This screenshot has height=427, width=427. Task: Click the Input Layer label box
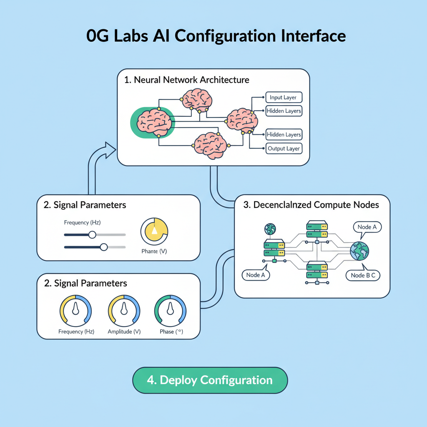pyautogui.click(x=284, y=98)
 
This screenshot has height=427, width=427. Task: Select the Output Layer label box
pyautogui.click(x=284, y=148)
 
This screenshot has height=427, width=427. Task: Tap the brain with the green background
pyautogui.click(x=153, y=121)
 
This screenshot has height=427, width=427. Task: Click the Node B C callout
pyautogui.click(x=362, y=275)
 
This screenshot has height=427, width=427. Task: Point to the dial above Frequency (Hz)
pyautogui.click(x=76, y=310)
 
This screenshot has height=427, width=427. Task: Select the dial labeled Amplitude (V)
pyautogui.click(x=124, y=310)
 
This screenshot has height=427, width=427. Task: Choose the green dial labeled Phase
pyautogui.click(x=170, y=310)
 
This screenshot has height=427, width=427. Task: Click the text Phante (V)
pyautogui.click(x=154, y=251)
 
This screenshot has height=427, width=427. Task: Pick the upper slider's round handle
pyautogui.click(x=92, y=235)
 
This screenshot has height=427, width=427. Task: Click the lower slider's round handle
pyautogui.click(x=104, y=247)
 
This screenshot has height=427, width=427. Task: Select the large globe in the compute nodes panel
pyautogui.click(x=360, y=251)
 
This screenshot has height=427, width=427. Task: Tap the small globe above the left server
pyautogui.click(x=270, y=229)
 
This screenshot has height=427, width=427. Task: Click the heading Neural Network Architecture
pyautogui.click(x=187, y=80)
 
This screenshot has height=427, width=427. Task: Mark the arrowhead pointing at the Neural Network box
pyautogui.click(x=110, y=150)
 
